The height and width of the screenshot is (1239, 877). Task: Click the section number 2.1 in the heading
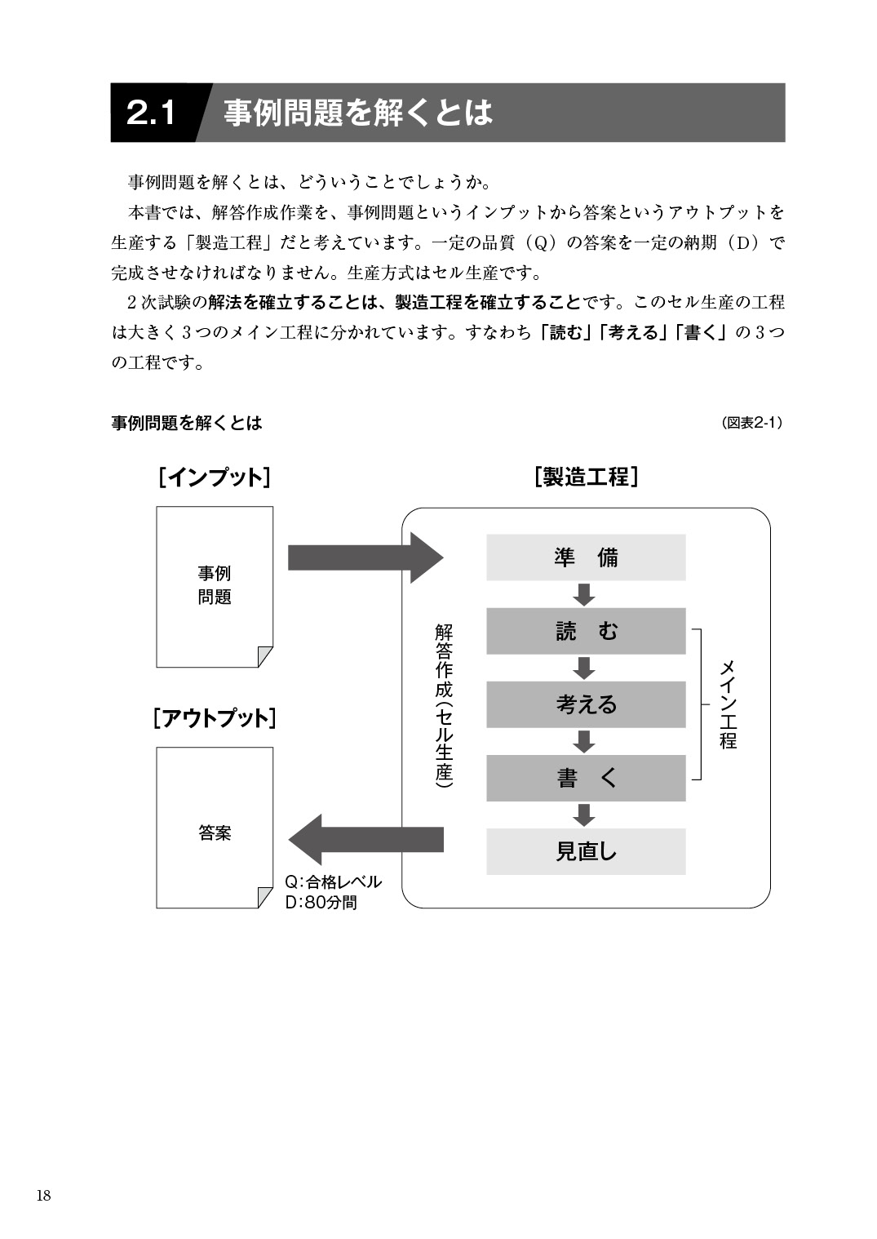[150, 113]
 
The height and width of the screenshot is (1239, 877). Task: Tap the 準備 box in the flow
[586, 557]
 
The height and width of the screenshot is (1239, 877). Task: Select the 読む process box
[586, 631]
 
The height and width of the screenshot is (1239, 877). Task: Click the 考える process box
[586, 704]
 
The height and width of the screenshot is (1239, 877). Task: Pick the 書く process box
[586, 778]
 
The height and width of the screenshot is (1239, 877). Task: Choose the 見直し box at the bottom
[586, 851]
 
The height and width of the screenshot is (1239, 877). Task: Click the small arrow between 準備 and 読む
[584, 595]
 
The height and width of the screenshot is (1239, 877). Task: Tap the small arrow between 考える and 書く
[584, 742]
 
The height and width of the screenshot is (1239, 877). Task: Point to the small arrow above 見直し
[584, 815]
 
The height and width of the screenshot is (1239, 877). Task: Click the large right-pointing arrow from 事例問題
[365, 557]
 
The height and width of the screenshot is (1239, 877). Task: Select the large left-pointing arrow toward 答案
[365, 840]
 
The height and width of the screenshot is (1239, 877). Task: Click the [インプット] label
[215, 477]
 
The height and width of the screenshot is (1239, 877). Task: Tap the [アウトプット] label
[215, 718]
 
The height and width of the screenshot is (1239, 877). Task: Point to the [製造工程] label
[586, 476]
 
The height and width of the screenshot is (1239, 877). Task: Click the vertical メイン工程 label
[728, 704]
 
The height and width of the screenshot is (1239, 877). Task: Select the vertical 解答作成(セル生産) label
[444, 704]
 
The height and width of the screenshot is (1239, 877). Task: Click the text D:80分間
[321, 902]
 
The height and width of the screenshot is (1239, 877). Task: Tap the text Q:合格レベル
[333, 882]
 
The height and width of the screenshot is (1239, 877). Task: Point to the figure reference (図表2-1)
[752, 423]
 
